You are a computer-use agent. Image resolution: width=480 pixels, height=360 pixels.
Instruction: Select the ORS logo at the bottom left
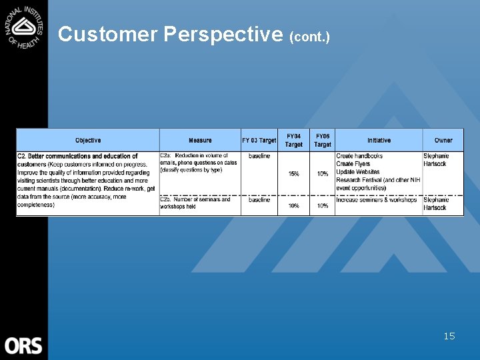(x=23, y=345)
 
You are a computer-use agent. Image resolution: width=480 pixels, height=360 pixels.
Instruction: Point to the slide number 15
(x=449, y=336)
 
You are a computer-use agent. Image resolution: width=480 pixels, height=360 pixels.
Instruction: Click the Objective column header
(x=88, y=140)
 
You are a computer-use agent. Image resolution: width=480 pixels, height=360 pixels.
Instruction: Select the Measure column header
(x=200, y=140)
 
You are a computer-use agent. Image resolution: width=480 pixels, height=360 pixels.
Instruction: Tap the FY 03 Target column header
(x=259, y=140)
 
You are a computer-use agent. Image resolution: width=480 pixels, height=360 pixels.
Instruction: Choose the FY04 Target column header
(x=293, y=140)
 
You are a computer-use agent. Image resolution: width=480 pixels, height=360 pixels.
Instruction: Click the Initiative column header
(x=379, y=140)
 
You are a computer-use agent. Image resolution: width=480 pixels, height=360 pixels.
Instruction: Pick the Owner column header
(x=443, y=140)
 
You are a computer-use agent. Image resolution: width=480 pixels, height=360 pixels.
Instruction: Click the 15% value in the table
(x=293, y=174)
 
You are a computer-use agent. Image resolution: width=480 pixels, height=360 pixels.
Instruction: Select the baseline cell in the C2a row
(x=259, y=156)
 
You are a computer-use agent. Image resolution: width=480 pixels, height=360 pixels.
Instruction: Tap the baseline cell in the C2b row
(x=259, y=199)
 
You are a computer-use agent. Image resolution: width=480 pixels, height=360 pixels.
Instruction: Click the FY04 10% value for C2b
(x=293, y=206)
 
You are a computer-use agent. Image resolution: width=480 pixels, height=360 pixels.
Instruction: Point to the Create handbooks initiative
(x=359, y=156)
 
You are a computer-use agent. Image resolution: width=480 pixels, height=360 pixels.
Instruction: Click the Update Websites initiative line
(x=358, y=171)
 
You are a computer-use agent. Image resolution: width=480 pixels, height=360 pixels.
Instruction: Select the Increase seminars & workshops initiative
(x=377, y=199)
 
